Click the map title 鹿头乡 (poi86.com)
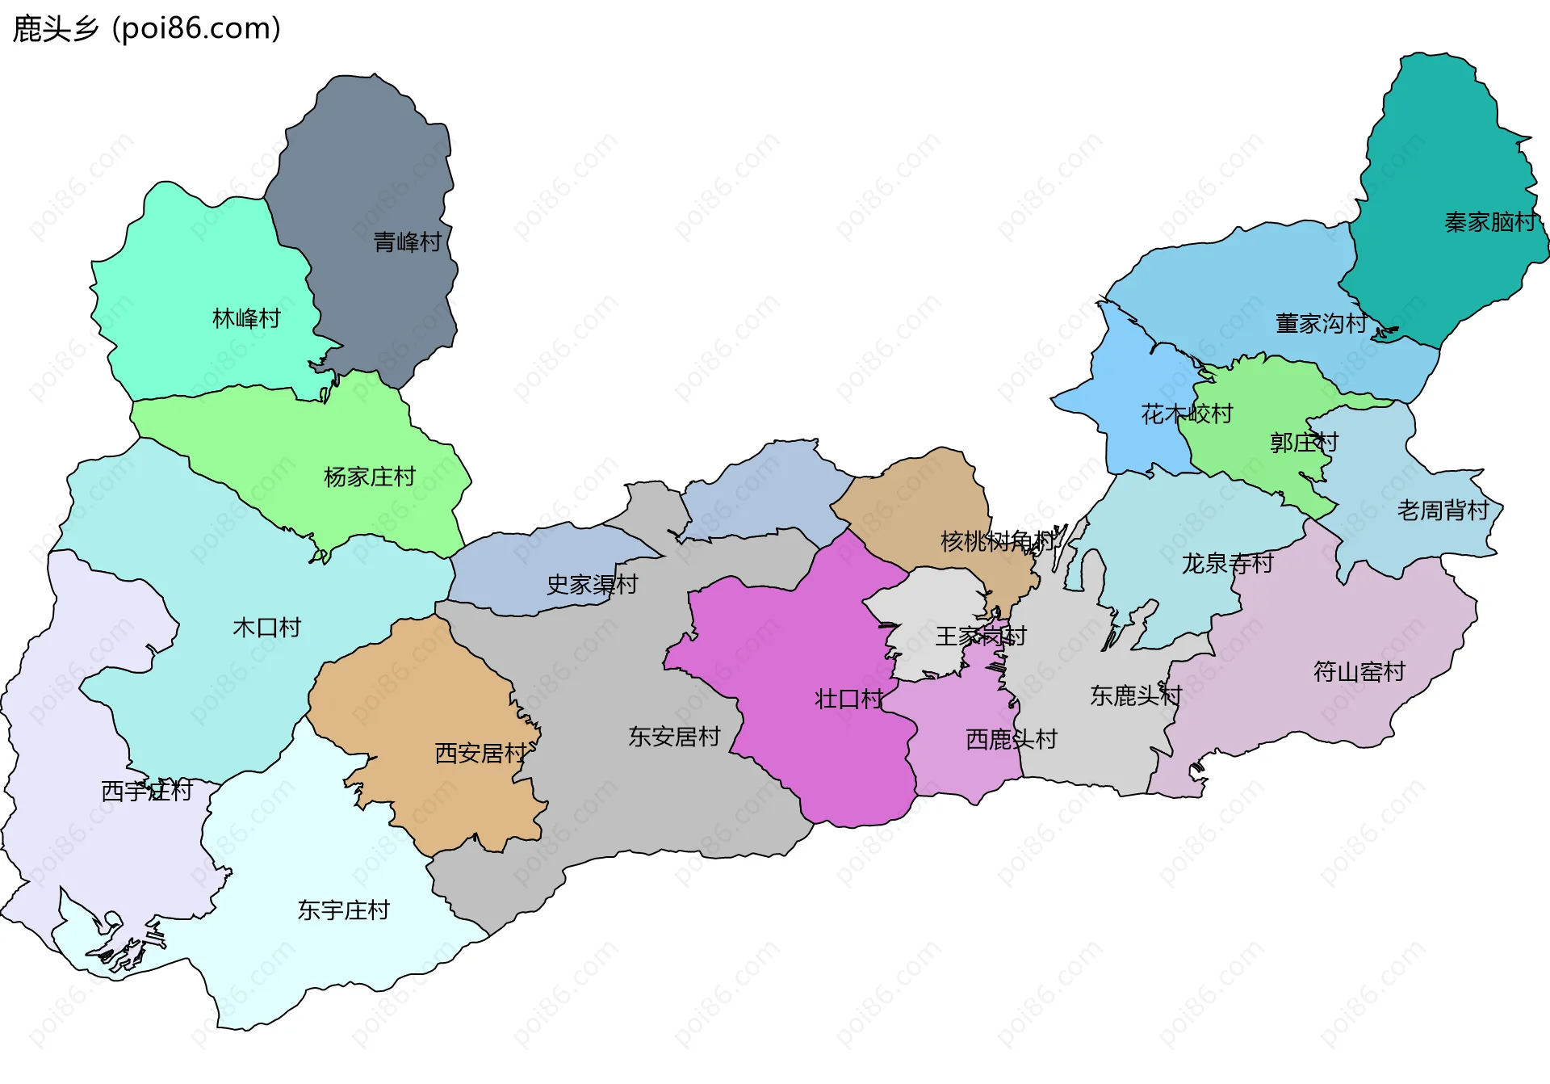[x=147, y=29]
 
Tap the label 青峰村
[x=408, y=242]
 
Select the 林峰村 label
[x=246, y=318]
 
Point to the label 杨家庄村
[x=370, y=477]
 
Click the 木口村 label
[x=266, y=628]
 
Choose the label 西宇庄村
[x=147, y=791]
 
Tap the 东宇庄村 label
[x=344, y=910]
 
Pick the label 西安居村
[x=481, y=754]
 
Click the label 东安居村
[x=674, y=737]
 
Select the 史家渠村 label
[x=593, y=584]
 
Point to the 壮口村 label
[x=849, y=699]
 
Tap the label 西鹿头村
[x=1012, y=739]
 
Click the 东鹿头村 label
[x=1136, y=695]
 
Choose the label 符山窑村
[x=1359, y=671]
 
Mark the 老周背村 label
[x=1443, y=510]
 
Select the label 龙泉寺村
[x=1228, y=563]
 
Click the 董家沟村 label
[x=1322, y=324]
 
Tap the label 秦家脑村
[x=1490, y=222]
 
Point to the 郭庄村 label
[x=1304, y=443]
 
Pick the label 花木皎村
[x=1187, y=414]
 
